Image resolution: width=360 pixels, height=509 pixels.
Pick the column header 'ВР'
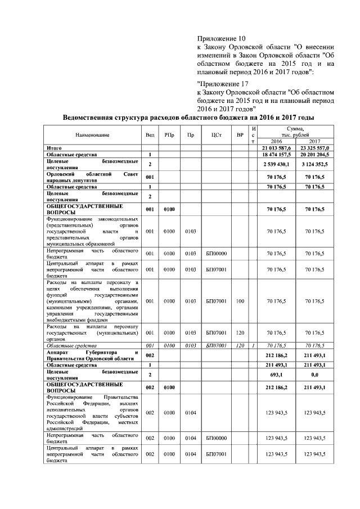point(240,136)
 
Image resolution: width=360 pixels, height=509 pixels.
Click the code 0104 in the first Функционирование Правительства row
point(191,413)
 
